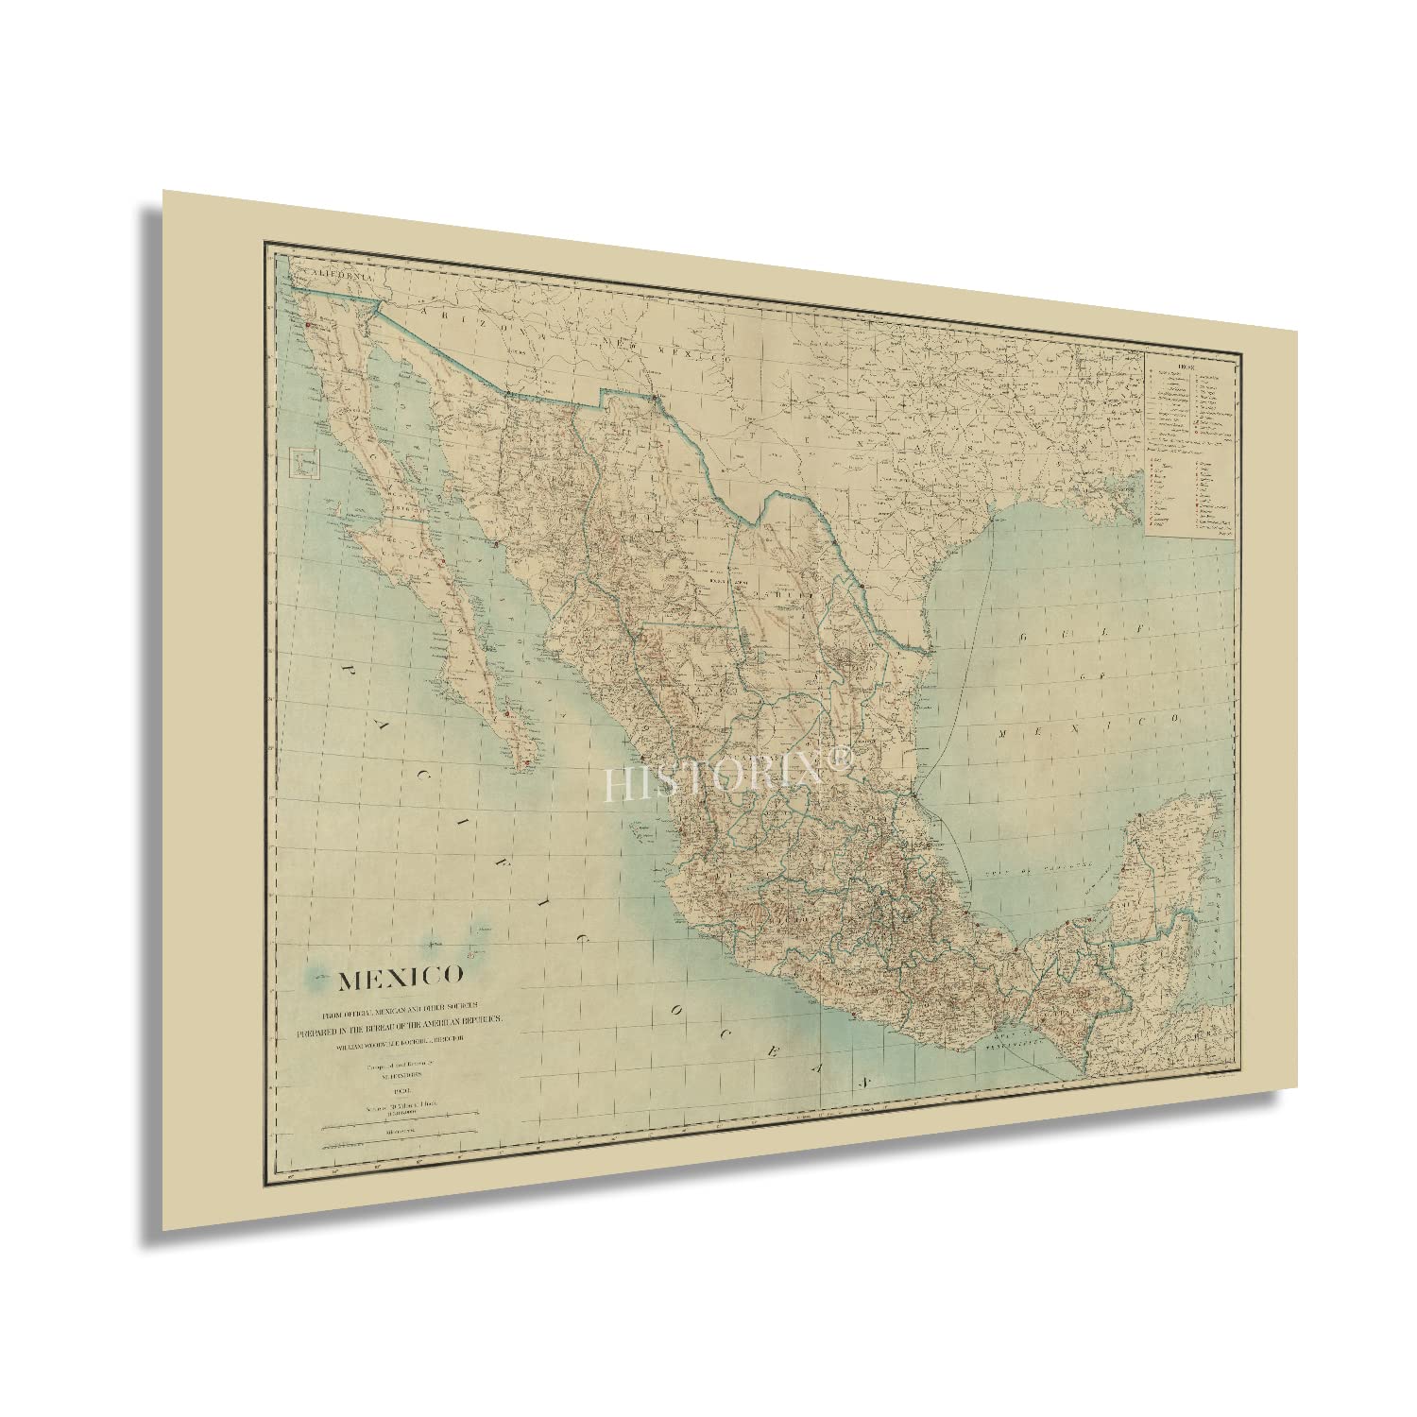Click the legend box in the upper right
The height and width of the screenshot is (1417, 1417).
click(x=1191, y=444)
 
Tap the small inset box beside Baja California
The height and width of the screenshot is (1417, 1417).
click(x=305, y=463)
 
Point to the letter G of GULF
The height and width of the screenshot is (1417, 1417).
click(x=1023, y=641)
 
